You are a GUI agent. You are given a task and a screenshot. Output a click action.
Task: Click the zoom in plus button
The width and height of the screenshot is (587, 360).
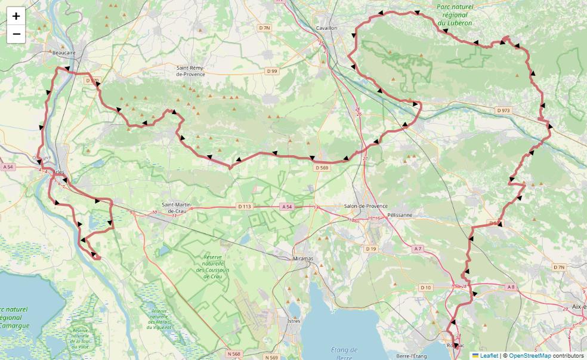16,16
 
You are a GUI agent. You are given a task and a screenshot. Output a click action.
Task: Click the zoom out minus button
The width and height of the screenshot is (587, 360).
16,34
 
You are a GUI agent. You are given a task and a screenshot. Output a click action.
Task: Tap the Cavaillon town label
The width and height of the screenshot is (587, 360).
326,28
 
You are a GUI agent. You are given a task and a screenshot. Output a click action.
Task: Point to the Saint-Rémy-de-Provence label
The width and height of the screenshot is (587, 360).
190,71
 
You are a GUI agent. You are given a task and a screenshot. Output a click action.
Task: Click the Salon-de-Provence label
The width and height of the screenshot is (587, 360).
366,207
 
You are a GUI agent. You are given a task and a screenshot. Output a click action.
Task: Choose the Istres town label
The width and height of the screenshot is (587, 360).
294,321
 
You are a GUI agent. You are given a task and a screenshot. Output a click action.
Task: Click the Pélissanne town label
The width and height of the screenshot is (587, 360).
400,214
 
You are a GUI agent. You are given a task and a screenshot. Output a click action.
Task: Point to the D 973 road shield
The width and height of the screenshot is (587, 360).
503,110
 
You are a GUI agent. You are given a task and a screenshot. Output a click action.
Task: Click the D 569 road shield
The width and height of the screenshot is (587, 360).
322,168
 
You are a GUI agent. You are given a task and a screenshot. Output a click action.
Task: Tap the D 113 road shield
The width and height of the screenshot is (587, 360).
245,207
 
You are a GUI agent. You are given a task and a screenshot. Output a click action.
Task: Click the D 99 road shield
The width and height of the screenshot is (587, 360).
272,71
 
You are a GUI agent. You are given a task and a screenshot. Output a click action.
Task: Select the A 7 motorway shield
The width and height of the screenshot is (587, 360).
418,248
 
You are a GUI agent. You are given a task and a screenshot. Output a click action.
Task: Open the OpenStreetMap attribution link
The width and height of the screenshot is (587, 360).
530,355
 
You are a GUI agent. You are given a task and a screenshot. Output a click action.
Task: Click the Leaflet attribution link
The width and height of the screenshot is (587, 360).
489,355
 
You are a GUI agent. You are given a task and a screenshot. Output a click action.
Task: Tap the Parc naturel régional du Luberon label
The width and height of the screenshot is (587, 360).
454,16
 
